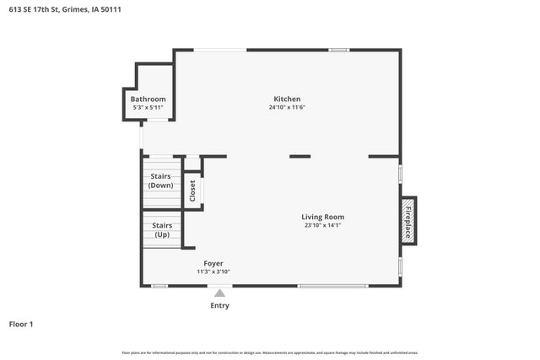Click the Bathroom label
[148, 99]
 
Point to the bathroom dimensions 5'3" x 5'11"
[148, 107]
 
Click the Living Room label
[323, 217]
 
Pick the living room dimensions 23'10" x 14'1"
[323, 225]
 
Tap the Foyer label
[213, 263]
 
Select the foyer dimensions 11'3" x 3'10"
[213, 271]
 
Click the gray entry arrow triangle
[219, 293]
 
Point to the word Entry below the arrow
[219, 305]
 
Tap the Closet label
[192, 191]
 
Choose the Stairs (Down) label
[160, 180]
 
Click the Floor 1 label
[25, 324]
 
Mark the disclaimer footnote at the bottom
[270, 352]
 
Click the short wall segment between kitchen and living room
[300, 156]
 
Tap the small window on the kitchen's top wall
[339, 50]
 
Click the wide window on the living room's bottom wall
[332, 286]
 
